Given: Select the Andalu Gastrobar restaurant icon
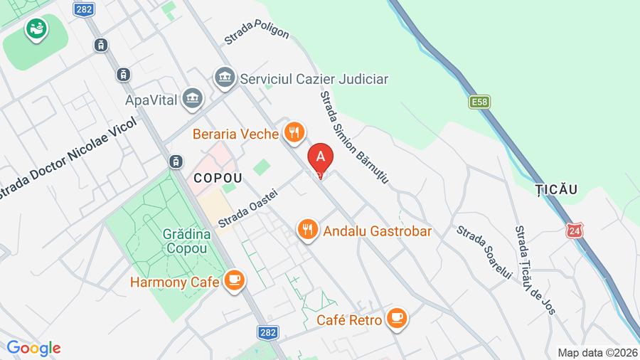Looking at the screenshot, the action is (x=307, y=230).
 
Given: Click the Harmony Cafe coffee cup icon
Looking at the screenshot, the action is (x=234, y=281).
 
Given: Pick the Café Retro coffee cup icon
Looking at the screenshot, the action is (x=397, y=319).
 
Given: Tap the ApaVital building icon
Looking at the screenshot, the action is (x=192, y=99).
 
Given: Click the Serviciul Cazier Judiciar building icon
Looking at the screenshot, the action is (x=225, y=78).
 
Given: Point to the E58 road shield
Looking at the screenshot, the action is (x=480, y=103).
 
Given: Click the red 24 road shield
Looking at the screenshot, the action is (x=575, y=231).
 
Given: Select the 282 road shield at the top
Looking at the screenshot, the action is (x=82, y=9).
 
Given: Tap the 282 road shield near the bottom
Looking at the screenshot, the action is (x=268, y=332).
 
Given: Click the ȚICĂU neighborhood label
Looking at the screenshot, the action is (x=553, y=189).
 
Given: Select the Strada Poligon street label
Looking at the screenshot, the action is (x=257, y=32).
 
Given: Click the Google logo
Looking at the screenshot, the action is (x=33, y=348).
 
